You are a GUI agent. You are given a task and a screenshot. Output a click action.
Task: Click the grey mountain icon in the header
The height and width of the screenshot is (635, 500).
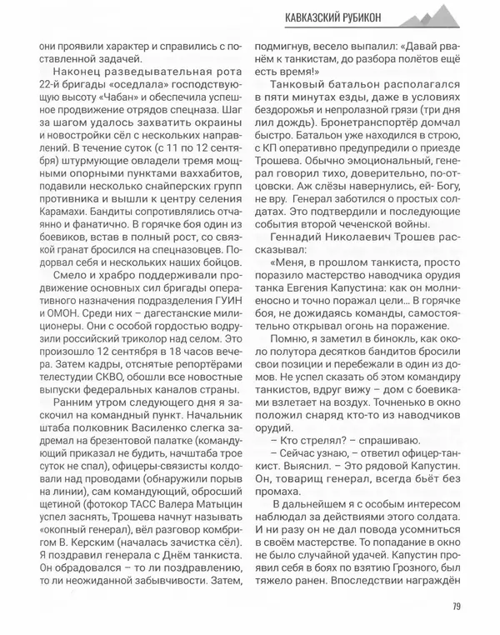449,14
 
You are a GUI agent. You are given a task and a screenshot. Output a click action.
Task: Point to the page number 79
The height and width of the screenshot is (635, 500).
457,606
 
